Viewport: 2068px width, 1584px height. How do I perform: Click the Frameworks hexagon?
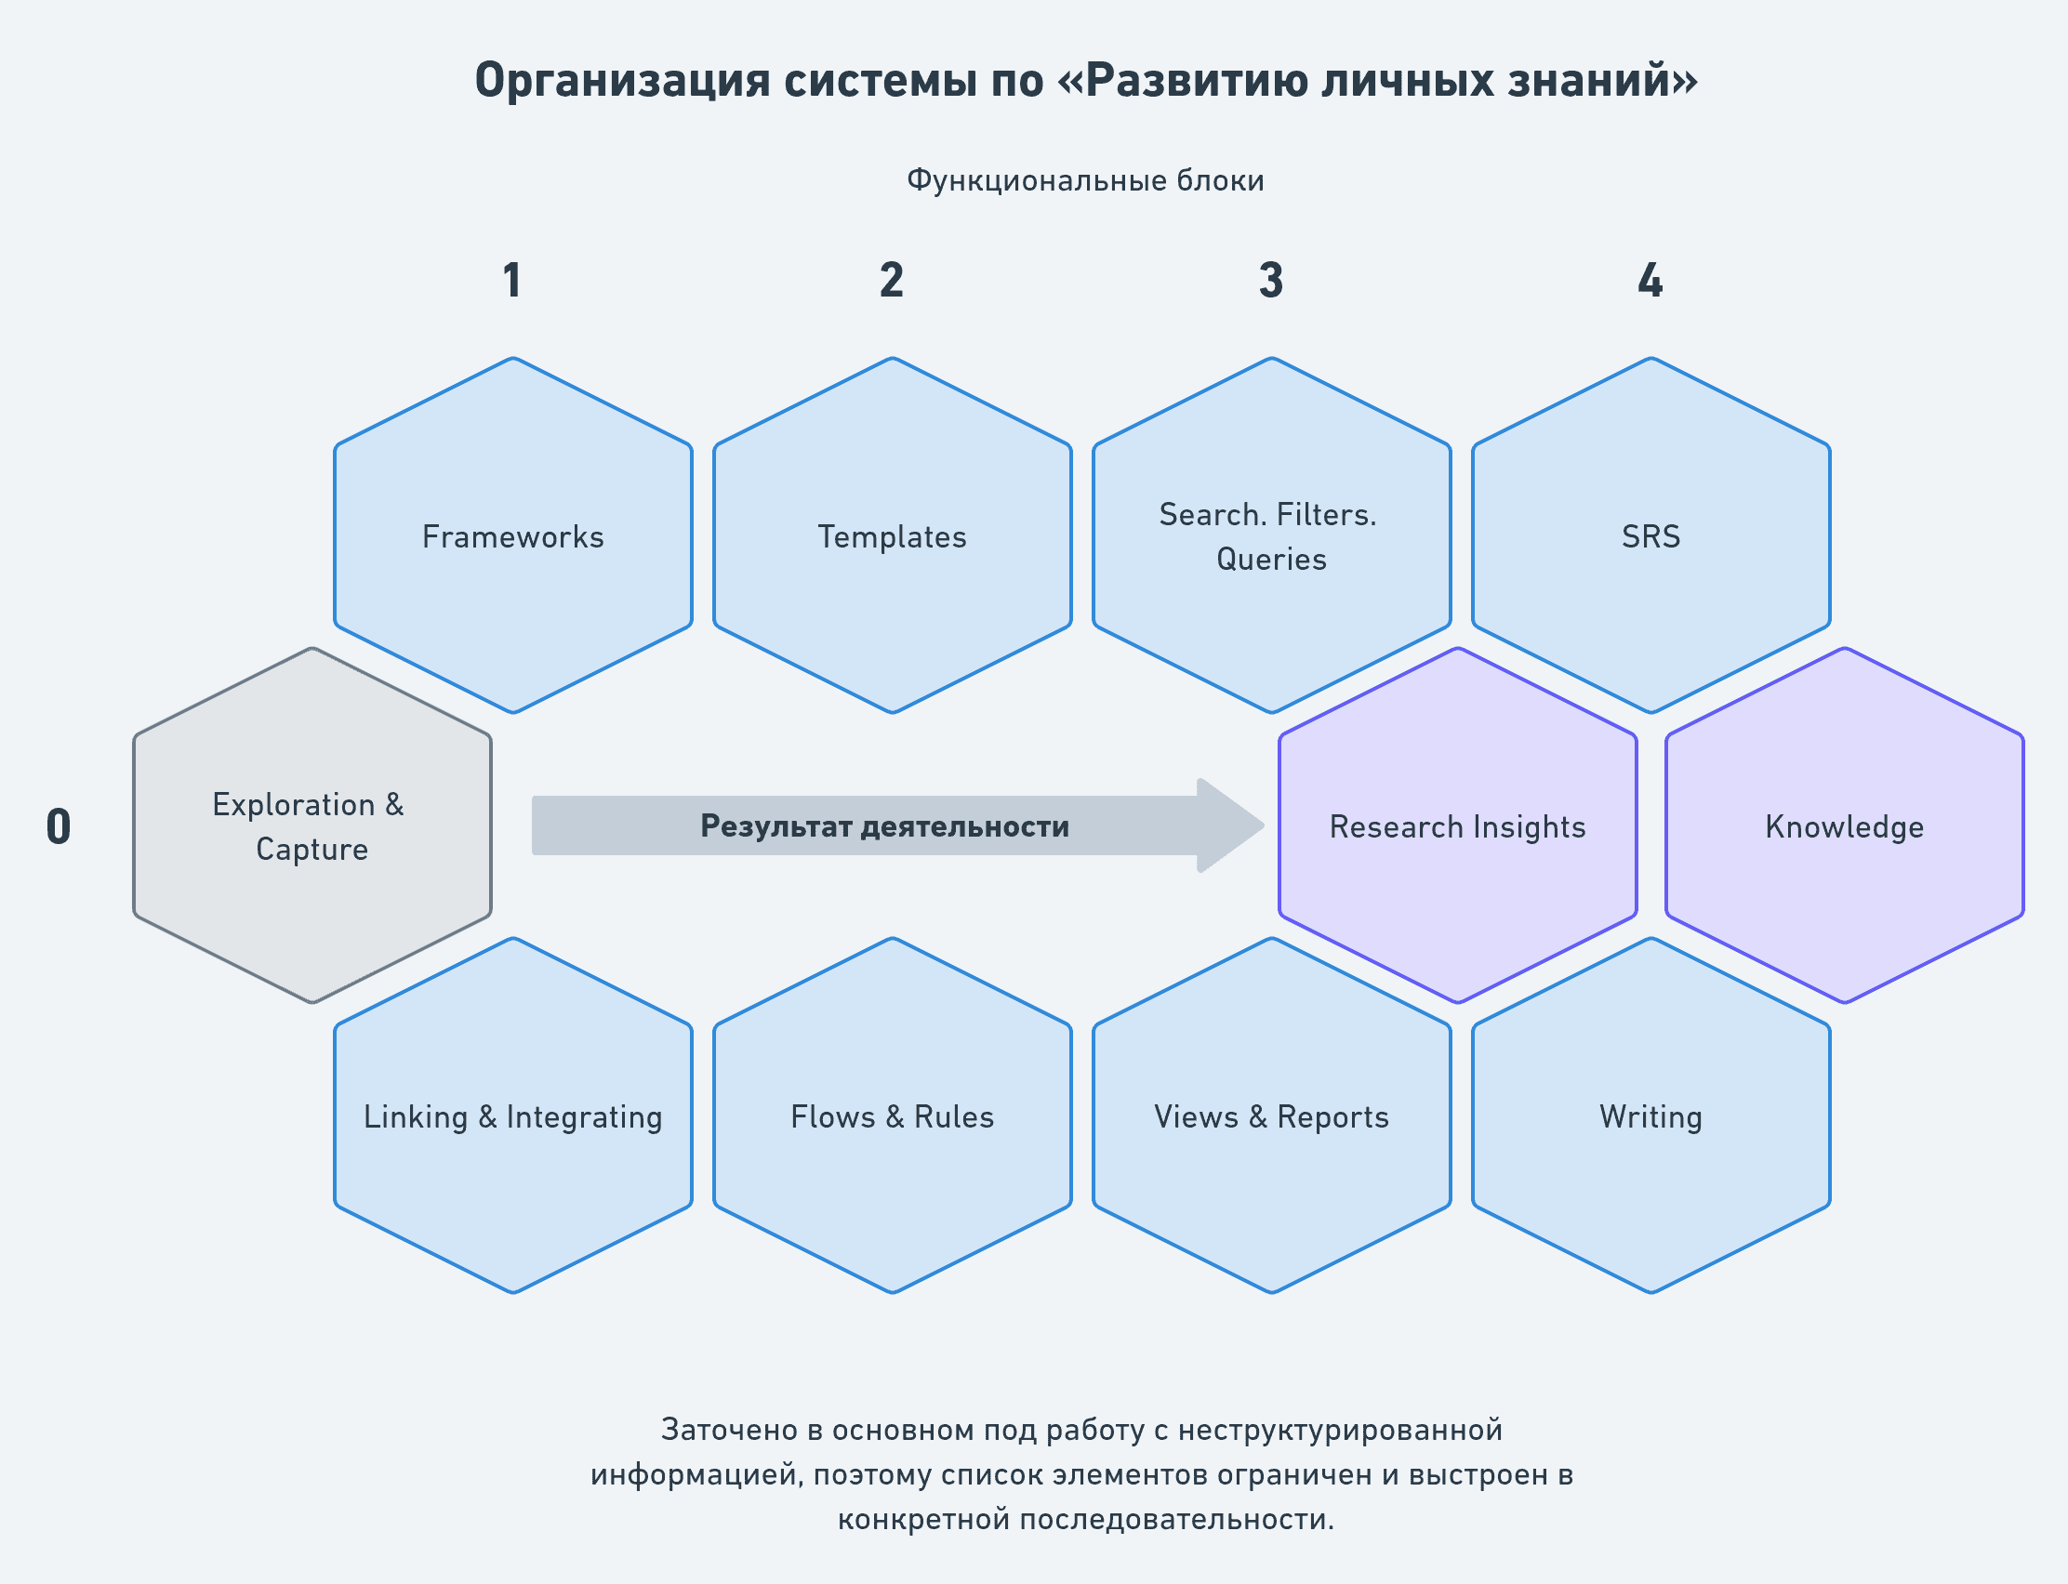(x=513, y=535)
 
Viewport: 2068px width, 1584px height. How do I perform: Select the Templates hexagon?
(x=892, y=535)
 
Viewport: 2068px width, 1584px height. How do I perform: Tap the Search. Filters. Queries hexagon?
(x=1271, y=535)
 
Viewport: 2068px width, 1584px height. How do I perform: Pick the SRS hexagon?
(x=1651, y=535)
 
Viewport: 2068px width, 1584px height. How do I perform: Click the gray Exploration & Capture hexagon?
(x=312, y=825)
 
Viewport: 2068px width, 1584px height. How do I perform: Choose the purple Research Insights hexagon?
(x=1458, y=825)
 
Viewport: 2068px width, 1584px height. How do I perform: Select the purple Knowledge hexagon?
(x=1845, y=825)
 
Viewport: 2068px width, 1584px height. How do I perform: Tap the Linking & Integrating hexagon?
(x=513, y=1115)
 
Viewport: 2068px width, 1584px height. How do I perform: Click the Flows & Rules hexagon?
(x=892, y=1115)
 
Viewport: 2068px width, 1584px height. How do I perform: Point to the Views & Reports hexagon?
(x=1271, y=1115)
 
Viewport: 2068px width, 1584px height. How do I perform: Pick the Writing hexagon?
(x=1651, y=1115)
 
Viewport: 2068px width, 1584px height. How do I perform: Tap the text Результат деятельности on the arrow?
(x=884, y=826)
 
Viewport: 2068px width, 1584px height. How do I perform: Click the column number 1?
(x=512, y=280)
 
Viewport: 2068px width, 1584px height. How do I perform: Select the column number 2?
(x=892, y=280)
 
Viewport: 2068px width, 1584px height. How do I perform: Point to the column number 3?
(x=1271, y=280)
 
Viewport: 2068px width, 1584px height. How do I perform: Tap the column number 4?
(x=1650, y=280)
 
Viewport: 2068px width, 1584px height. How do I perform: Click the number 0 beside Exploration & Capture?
(x=59, y=826)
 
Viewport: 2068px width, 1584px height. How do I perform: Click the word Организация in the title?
(x=622, y=81)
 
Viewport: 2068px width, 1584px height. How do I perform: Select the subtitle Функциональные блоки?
(x=1085, y=180)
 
